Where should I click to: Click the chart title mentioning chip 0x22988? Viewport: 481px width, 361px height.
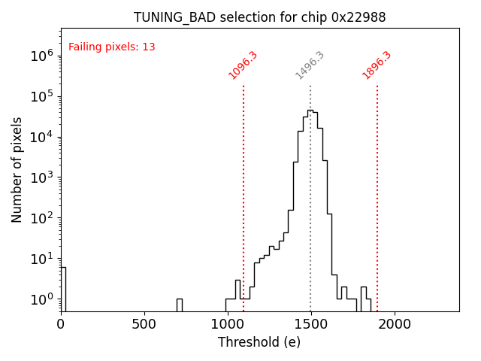pyautogui.click(x=259, y=17)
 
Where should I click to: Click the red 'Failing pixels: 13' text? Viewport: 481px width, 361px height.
pyautogui.click(x=112, y=47)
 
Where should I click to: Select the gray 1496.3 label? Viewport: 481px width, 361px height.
pyautogui.click(x=310, y=65)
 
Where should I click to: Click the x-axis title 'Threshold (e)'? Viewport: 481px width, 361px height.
pyautogui.click(x=259, y=342)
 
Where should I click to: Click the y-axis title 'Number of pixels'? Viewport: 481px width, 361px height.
pyautogui.click(x=17, y=169)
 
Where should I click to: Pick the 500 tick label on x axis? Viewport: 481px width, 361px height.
pyautogui.click(x=144, y=324)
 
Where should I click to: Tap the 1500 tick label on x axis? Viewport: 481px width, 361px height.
pyautogui.click(x=310, y=324)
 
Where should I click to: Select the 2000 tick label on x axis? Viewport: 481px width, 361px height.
pyautogui.click(x=394, y=324)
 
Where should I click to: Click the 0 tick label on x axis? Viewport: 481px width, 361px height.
pyautogui.click(x=61, y=324)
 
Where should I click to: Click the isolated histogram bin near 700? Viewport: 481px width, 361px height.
pyautogui.click(x=180, y=305)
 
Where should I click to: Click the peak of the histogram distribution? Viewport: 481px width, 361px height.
pyautogui.click(x=310, y=111)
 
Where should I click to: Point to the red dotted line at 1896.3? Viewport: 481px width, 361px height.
pyautogui.click(x=377, y=196)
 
